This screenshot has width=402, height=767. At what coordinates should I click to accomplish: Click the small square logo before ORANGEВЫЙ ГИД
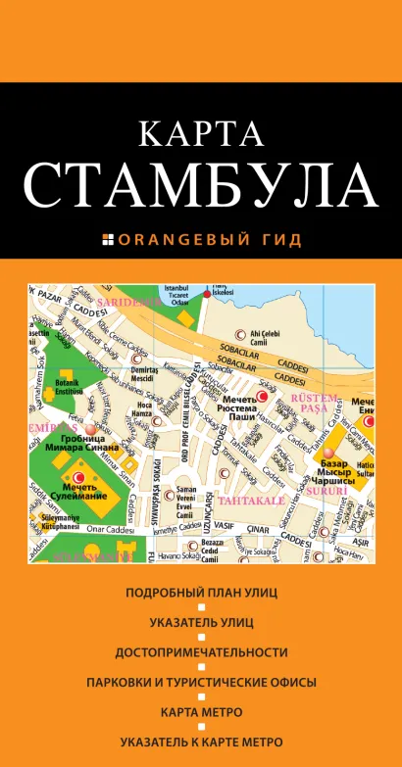[108, 239]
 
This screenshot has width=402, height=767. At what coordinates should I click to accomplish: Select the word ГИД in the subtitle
[281, 239]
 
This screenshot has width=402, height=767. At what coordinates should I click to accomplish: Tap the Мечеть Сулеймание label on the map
[77, 492]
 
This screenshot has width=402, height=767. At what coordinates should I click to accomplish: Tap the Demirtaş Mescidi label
[145, 372]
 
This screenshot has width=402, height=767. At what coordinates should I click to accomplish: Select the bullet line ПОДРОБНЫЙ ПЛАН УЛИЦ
[201, 592]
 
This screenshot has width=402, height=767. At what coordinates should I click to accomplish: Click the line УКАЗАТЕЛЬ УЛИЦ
[201, 622]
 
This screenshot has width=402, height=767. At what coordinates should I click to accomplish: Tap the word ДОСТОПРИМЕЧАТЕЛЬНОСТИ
[201, 651]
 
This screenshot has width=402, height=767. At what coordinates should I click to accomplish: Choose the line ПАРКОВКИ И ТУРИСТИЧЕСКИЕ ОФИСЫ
[201, 682]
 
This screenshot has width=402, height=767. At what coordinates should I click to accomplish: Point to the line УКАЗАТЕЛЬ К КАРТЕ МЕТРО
[201, 742]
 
